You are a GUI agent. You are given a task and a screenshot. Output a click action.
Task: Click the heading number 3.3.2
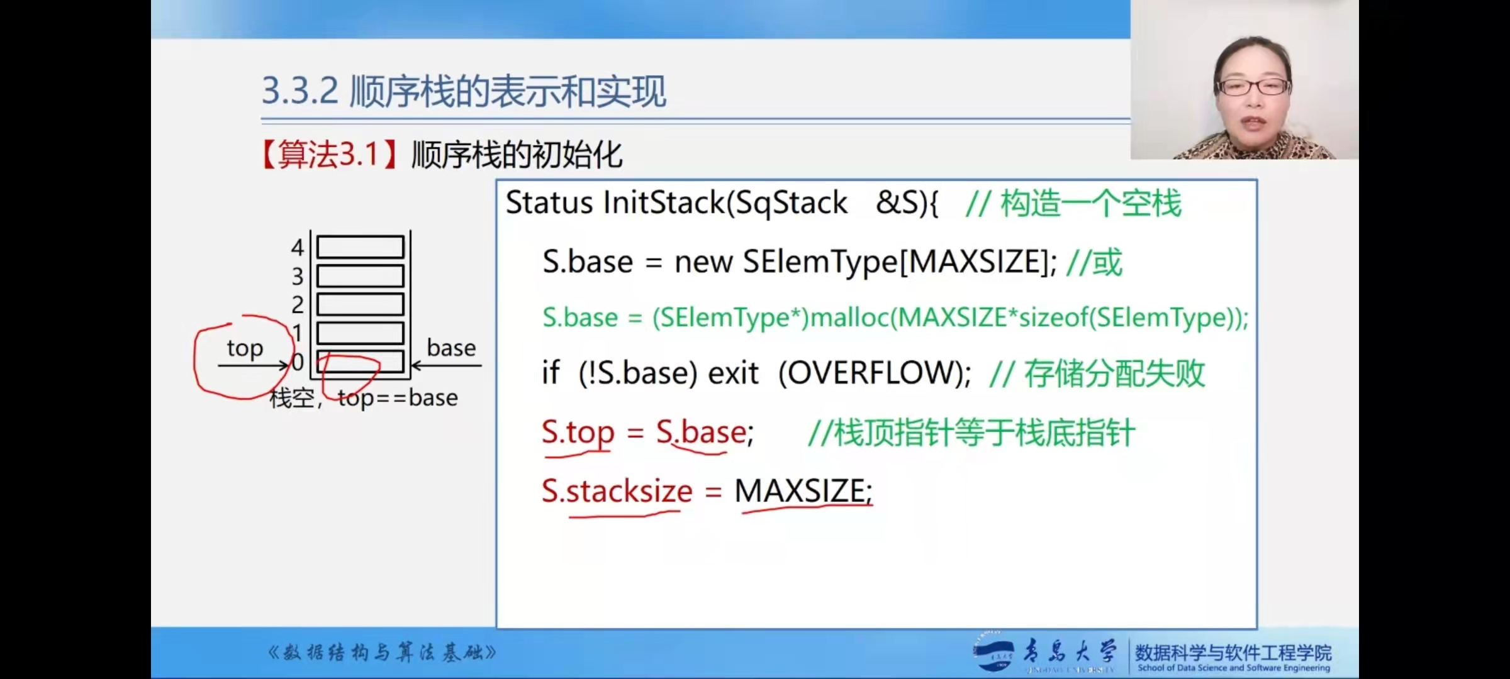pyautogui.click(x=299, y=91)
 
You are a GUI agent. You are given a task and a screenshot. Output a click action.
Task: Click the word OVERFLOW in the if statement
pyautogui.click(x=875, y=373)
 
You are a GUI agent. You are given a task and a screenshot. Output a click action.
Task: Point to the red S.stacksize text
pyautogui.click(x=617, y=491)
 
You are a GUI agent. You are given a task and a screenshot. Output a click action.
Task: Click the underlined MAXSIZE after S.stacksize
pyautogui.click(x=803, y=491)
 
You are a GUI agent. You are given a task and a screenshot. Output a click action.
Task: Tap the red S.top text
pyautogui.click(x=578, y=433)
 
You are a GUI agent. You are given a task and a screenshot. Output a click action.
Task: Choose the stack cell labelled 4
pyautogui.click(x=360, y=247)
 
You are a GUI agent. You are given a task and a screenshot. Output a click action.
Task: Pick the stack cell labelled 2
pyautogui.click(x=360, y=304)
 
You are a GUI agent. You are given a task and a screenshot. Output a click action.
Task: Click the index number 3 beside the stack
pyautogui.click(x=298, y=277)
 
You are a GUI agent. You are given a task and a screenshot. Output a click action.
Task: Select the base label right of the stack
pyautogui.click(x=451, y=348)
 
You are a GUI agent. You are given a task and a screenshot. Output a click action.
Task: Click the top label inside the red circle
pyautogui.click(x=245, y=348)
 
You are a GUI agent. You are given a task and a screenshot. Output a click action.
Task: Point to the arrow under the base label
pyautogui.click(x=447, y=365)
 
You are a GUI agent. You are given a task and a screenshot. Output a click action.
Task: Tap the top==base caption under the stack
pyautogui.click(x=398, y=398)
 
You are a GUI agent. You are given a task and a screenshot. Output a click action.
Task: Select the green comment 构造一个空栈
pyautogui.click(x=1091, y=204)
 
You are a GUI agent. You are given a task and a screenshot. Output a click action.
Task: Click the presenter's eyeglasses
pyautogui.click(x=1253, y=87)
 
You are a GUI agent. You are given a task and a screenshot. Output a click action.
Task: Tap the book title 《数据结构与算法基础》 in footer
pyautogui.click(x=382, y=653)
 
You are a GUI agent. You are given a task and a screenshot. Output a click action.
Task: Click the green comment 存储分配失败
pyautogui.click(x=1114, y=374)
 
